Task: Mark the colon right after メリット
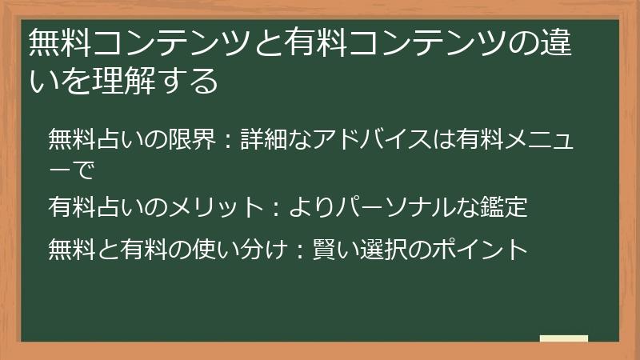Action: click(275, 210)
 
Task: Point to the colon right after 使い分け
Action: click(294, 250)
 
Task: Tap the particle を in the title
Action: click(66, 80)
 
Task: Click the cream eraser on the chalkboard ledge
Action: click(563, 338)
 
